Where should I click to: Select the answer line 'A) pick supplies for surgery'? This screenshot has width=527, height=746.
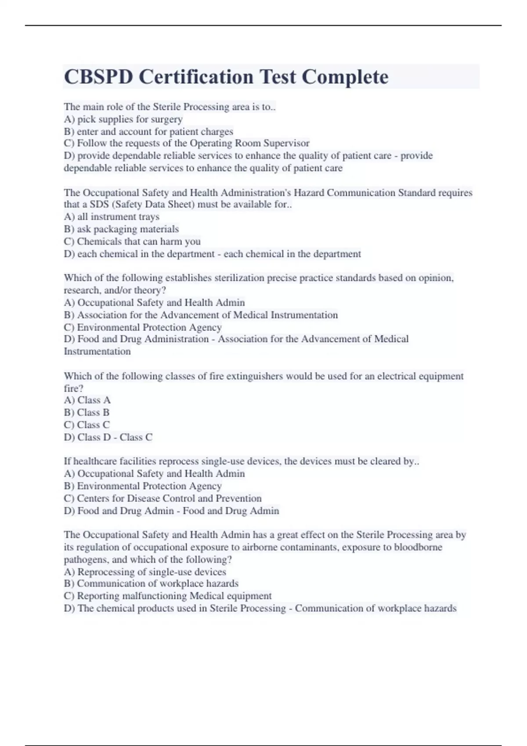point(123,119)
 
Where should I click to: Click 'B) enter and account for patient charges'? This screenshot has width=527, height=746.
point(148,132)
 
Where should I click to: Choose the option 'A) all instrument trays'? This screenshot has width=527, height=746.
point(112,217)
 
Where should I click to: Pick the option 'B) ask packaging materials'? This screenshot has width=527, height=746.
point(121,229)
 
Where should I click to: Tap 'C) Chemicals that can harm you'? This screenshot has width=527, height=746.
point(132,241)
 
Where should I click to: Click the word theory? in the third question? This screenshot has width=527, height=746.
point(149,291)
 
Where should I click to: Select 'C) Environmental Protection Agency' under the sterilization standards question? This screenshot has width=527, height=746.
point(143,327)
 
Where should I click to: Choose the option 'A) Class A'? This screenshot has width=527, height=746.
point(87,400)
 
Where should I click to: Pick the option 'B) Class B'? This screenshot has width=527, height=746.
point(87,412)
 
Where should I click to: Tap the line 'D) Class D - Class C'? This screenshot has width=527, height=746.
point(108,438)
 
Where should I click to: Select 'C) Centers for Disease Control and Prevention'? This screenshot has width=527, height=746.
point(162,499)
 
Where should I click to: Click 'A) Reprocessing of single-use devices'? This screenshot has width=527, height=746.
point(145,572)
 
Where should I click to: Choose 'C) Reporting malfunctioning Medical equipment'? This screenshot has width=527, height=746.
point(168,596)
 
